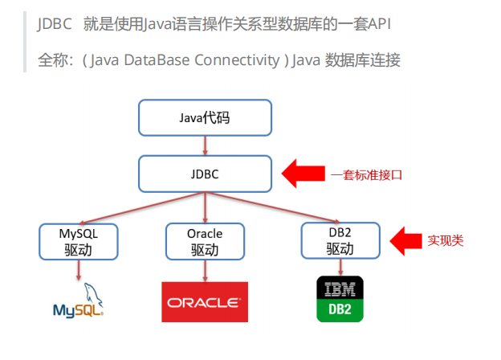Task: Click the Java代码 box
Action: point(206,119)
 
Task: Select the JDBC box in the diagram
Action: point(206,173)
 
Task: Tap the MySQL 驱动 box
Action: point(78,241)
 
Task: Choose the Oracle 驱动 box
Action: point(205,241)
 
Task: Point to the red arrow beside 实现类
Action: point(406,239)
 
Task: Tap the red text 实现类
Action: point(446,240)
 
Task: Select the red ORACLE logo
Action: point(205,301)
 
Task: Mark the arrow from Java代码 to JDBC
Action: point(206,145)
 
